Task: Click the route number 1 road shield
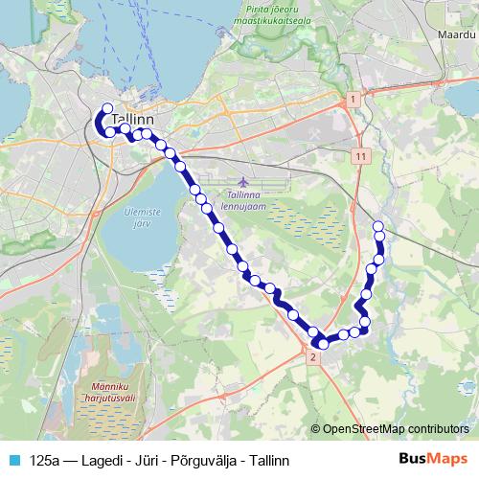(x=353, y=100)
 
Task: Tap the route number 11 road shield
(x=359, y=155)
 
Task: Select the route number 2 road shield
(x=312, y=356)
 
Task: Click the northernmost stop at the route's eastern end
(x=378, y=225)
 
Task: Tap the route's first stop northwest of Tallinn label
(x=106, y=109)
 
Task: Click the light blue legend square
(x=14, y=460)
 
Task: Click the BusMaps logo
(x=434, y=459)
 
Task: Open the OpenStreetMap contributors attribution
(x=396, y=429)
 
